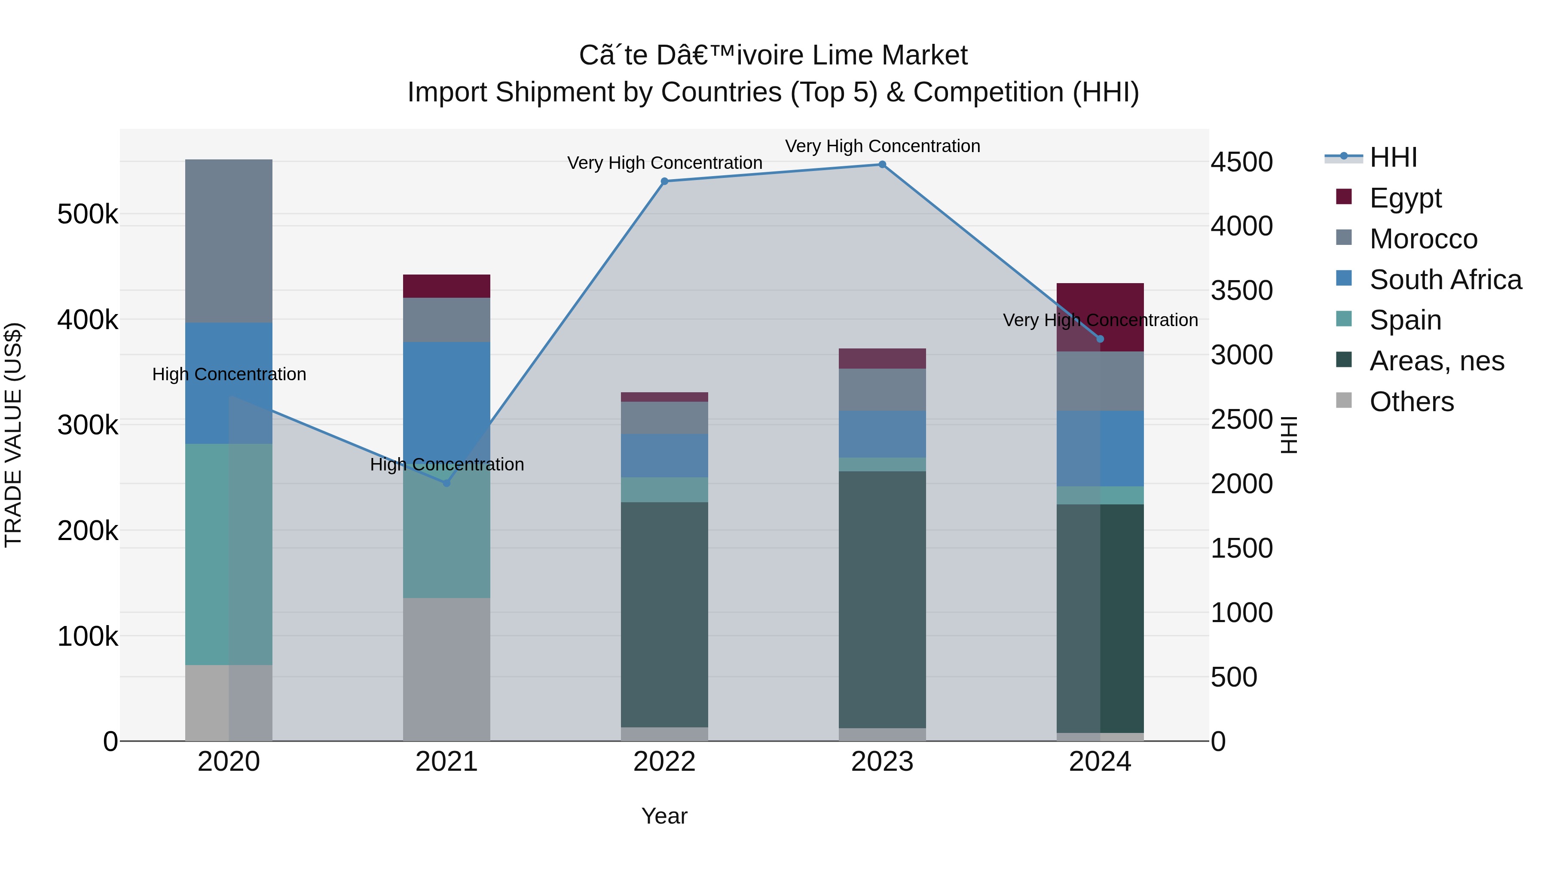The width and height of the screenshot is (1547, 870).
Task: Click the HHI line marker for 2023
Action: click(882, 165)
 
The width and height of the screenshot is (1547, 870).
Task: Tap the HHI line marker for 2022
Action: click(664, 181)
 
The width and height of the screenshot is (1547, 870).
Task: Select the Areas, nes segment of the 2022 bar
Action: click(664, 614)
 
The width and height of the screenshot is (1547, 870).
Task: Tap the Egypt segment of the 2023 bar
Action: click(882, 358)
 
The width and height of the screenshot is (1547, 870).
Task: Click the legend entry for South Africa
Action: click(1444, 280)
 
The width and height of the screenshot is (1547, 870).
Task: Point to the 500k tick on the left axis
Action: click(88, 214)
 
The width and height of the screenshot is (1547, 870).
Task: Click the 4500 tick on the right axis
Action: click(1241, 162)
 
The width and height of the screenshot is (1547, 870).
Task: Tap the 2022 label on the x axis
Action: click(664, 762)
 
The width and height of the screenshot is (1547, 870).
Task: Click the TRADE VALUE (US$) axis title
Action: click(13, 435)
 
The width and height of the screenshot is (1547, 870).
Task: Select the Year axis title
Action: click(664, 816)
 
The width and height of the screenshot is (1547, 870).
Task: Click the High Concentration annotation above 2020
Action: click(229, 375)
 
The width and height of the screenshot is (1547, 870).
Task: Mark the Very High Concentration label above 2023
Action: click(882, 147)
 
